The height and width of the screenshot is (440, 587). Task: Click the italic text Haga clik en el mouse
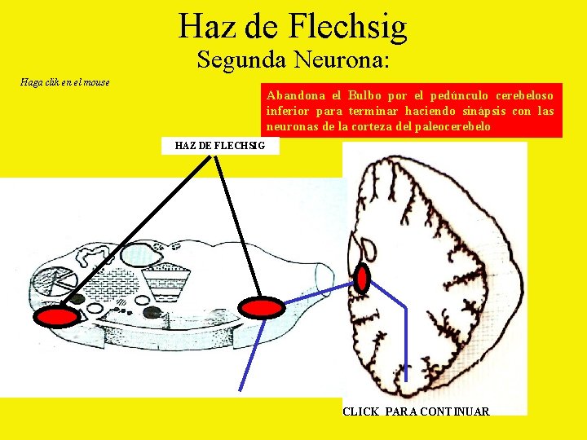point(65,82)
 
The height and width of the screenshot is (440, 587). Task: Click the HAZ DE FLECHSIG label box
point(220,146)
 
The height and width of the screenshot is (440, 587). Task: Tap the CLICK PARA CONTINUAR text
point(416,411)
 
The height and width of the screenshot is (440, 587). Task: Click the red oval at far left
point(60,317)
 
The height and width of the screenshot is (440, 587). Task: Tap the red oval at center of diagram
point(261,307)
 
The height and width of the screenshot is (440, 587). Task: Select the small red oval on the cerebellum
point(363,279)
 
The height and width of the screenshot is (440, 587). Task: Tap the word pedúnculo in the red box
point(458,95)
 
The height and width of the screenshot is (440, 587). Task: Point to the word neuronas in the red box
point(293,127)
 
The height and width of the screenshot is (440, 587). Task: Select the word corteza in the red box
point(372,127)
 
